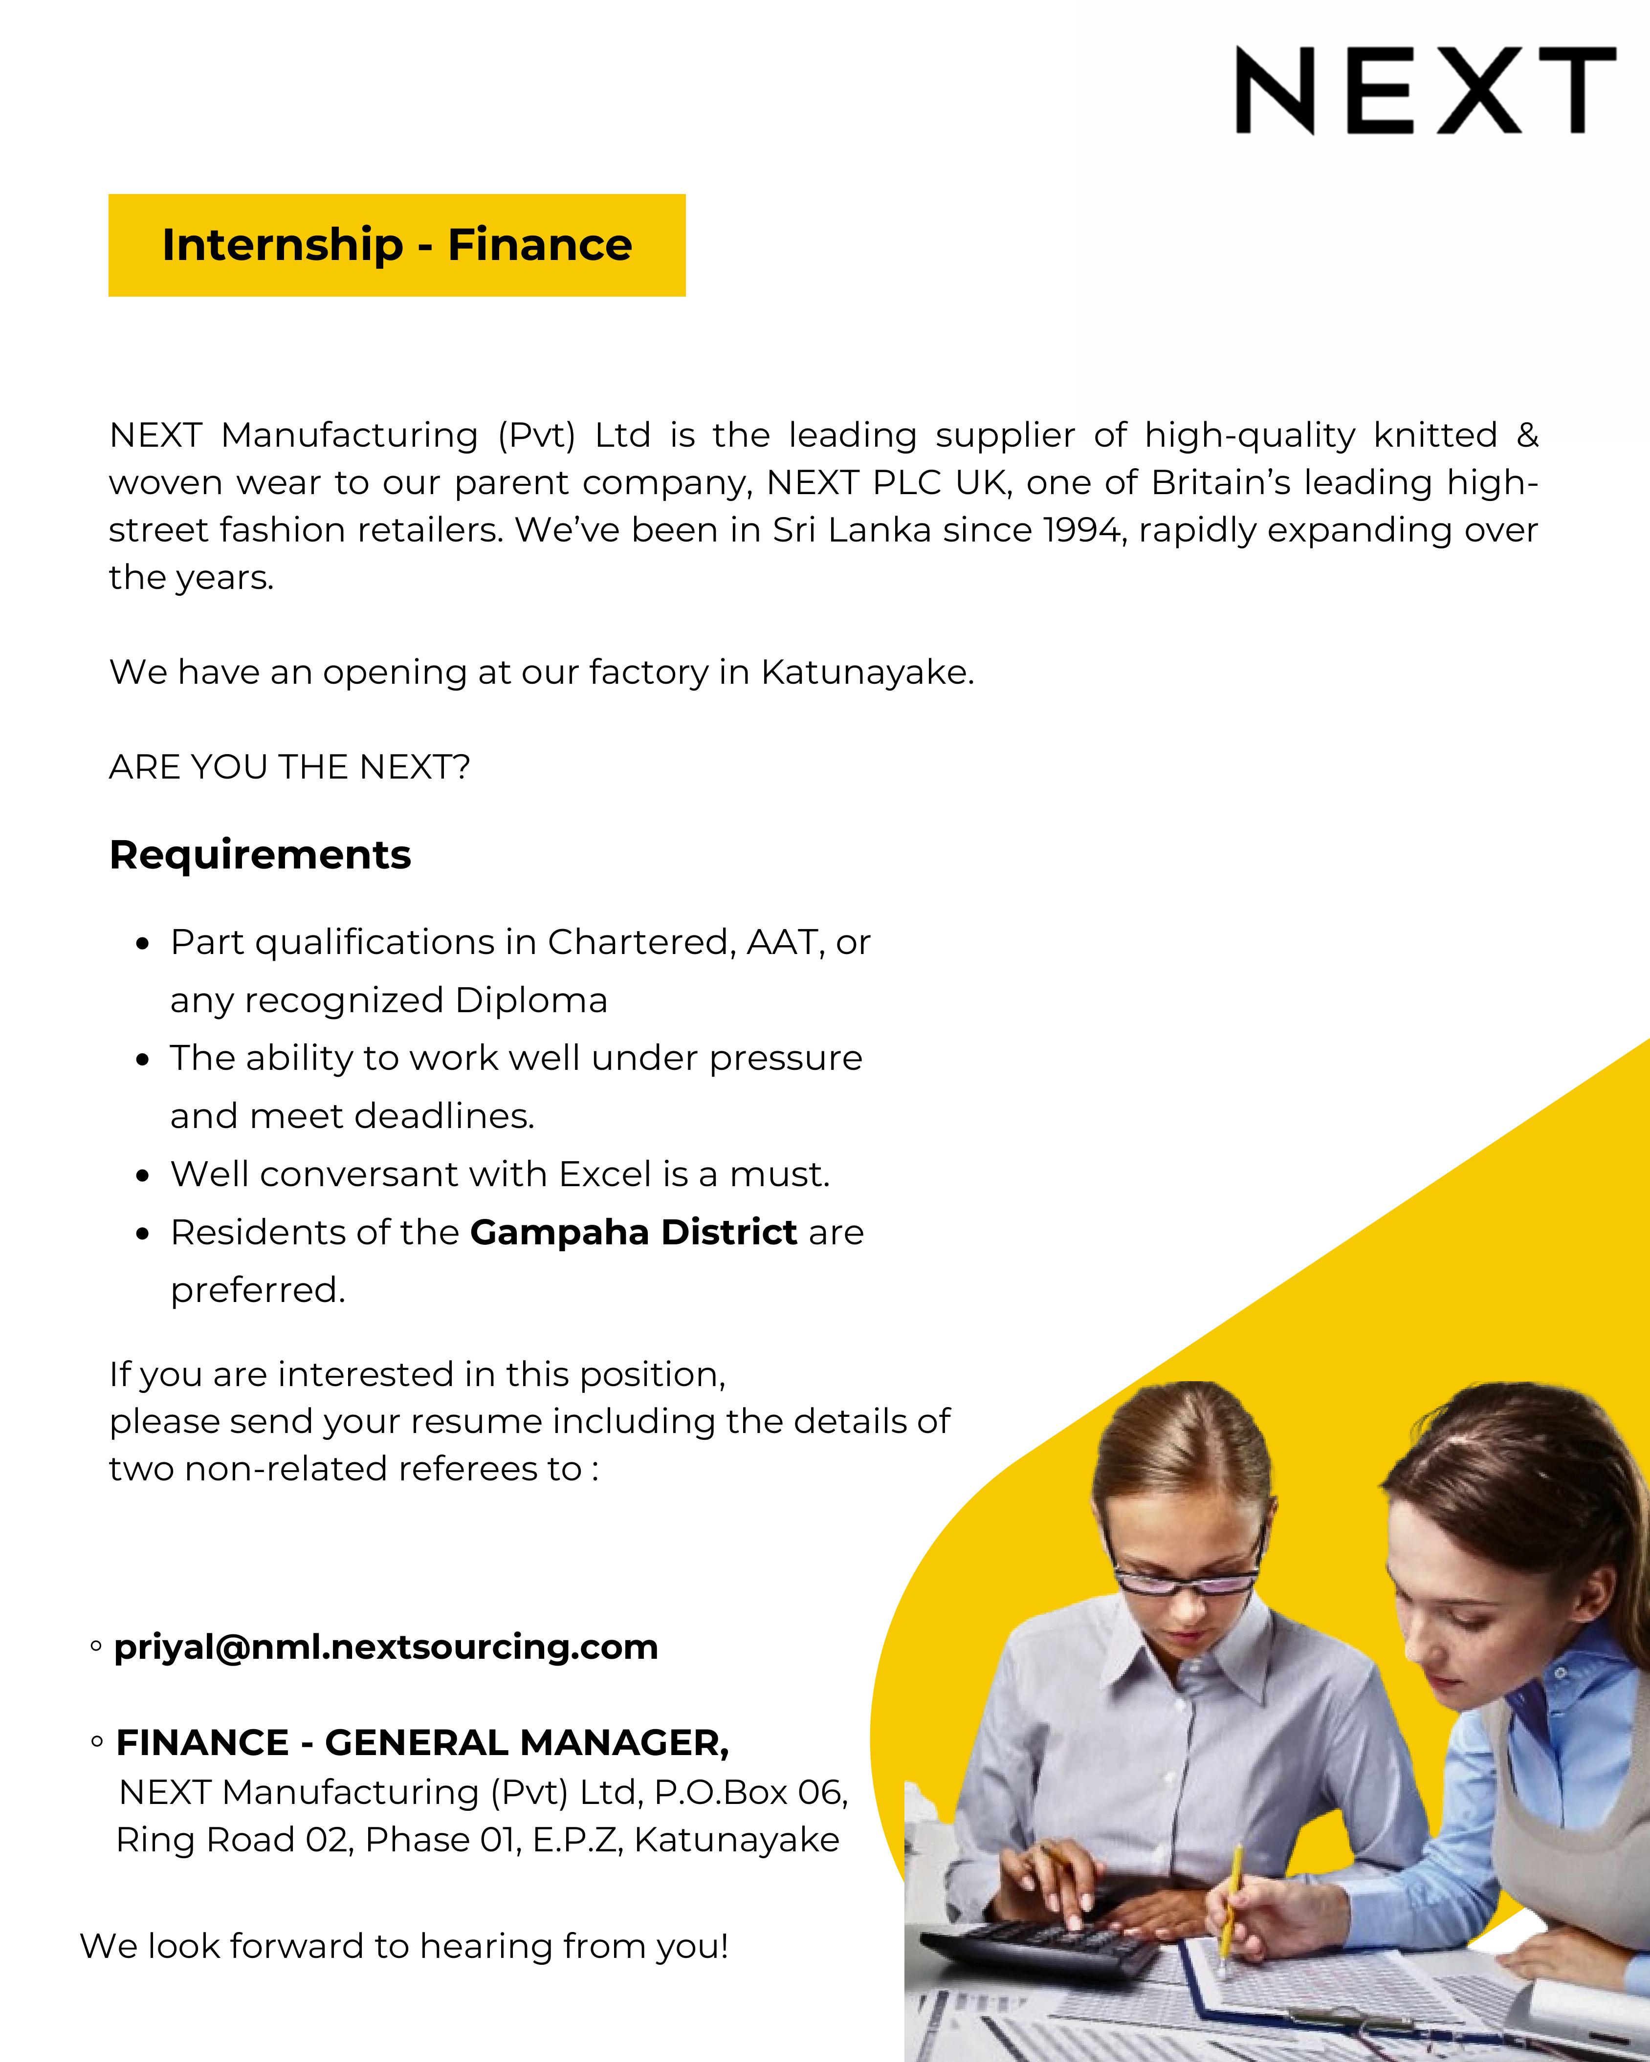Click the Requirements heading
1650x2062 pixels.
(x=260, y=854)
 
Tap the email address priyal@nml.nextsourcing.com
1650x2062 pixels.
(x=385, y=1647)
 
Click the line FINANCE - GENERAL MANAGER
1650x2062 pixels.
(x=422, y=1742)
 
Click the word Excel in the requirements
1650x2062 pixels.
(x=605, y=1174)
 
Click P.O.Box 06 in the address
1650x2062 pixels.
(x=751, y=1792)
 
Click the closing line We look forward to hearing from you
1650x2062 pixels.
(x=404, y=1946)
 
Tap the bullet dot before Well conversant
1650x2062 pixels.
(x=143, y=1175)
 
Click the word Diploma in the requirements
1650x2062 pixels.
(x=531, y=1000)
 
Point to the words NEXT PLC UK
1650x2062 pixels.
(x=888, y=483)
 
